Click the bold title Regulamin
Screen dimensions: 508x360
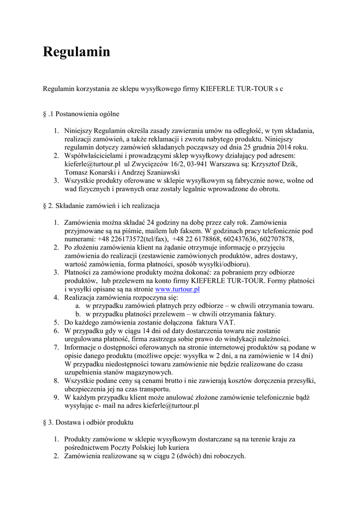coord(76,52)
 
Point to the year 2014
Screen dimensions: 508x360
coord(283,147)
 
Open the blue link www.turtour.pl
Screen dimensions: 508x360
coord(177,289)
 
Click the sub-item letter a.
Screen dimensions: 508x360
coord(78,306)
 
